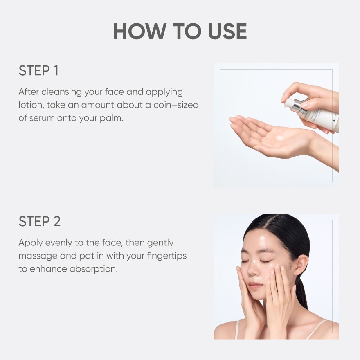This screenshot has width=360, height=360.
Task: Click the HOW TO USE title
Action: coord(180,32)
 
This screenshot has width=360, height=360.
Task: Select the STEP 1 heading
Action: coord(38,71)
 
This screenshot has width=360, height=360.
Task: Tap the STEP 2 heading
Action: coord(40,221)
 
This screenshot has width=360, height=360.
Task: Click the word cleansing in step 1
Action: coord(61,92)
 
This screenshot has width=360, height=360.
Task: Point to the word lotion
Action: coord(30,105)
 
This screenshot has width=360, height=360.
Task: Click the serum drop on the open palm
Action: coord(280,138)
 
